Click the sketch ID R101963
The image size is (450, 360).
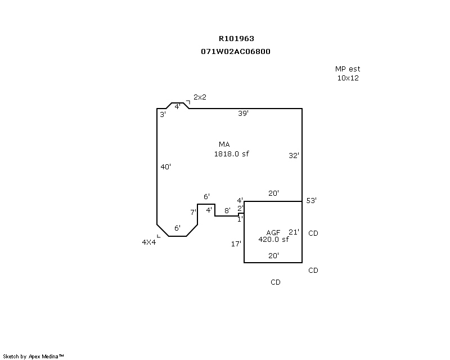(236, 39)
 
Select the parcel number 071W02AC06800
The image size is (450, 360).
(236, 51)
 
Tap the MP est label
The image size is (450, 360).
(347, 69)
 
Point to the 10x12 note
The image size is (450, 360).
(348, 78)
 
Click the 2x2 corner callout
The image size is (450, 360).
(200, 97)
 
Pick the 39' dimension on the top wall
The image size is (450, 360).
(243, 113)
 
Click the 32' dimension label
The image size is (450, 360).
(294, 156)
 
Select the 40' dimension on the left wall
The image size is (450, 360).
(165, 166)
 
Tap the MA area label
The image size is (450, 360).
(224, 145)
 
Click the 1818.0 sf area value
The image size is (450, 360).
(231, 154)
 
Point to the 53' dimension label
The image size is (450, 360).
(311, 201)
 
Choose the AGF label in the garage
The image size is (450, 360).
(273, 232)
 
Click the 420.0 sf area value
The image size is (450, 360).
(273, 239)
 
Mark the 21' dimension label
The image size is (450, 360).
(294, 232)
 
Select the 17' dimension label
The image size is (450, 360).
(236, 244)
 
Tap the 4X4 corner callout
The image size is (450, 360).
(148, 242)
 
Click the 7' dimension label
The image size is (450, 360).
(192, 212)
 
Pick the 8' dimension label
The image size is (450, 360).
(227, 210)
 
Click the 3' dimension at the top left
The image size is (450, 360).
(163, 114)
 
